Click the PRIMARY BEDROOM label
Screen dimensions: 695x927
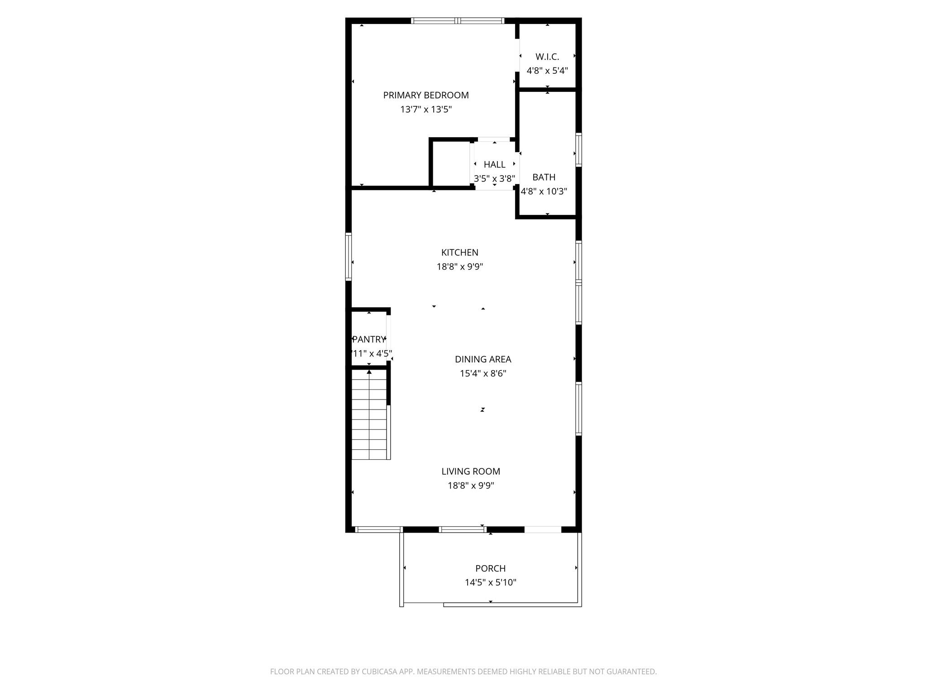[425, 95]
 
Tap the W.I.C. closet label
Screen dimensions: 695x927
[547, 57]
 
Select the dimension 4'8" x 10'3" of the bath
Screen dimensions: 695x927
[544, 191]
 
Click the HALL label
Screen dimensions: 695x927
[494, 165]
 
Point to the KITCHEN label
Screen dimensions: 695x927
[459, 252]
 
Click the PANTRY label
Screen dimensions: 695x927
[368, 339]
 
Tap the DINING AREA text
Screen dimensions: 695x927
[483, 359]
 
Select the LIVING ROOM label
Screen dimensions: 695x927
[471, 471]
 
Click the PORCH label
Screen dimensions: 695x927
[490, 568]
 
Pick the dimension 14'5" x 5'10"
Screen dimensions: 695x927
[490, 583]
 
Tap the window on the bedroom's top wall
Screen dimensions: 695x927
[457, 21]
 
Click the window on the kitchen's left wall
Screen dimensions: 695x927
[349, 256]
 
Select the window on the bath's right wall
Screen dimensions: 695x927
[578, 150]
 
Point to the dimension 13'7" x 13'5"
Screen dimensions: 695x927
[425, 109]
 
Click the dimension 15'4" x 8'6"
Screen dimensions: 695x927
[483, 374]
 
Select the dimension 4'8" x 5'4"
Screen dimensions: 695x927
[547, 71]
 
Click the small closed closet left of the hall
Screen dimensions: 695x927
[451, 164]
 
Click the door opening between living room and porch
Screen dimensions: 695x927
[542, 529]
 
